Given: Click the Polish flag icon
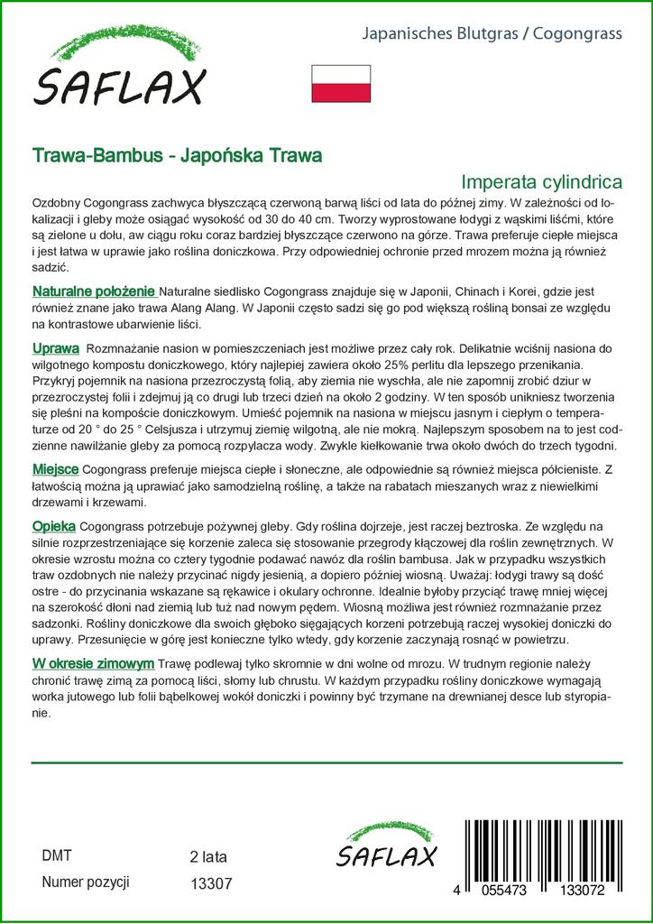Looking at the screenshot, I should (x=342, y=83).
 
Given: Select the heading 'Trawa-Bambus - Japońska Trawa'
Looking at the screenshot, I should (x=177, y=155).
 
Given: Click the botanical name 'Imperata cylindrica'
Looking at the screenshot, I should (x=541, y=180).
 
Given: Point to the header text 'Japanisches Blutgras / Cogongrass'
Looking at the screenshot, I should (x=492, y=35).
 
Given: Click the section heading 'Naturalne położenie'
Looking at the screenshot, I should (x=95, y=292).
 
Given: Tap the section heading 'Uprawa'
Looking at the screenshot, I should (x=56, y=348).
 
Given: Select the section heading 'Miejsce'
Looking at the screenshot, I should (x=55, y=471).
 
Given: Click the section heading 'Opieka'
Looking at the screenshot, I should (x=54, y=525).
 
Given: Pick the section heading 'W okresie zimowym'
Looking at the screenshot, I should (x=93, y=664).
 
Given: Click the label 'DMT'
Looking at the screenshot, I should (x=57, y=855).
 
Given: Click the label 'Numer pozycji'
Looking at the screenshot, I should (x=87, y=882).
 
